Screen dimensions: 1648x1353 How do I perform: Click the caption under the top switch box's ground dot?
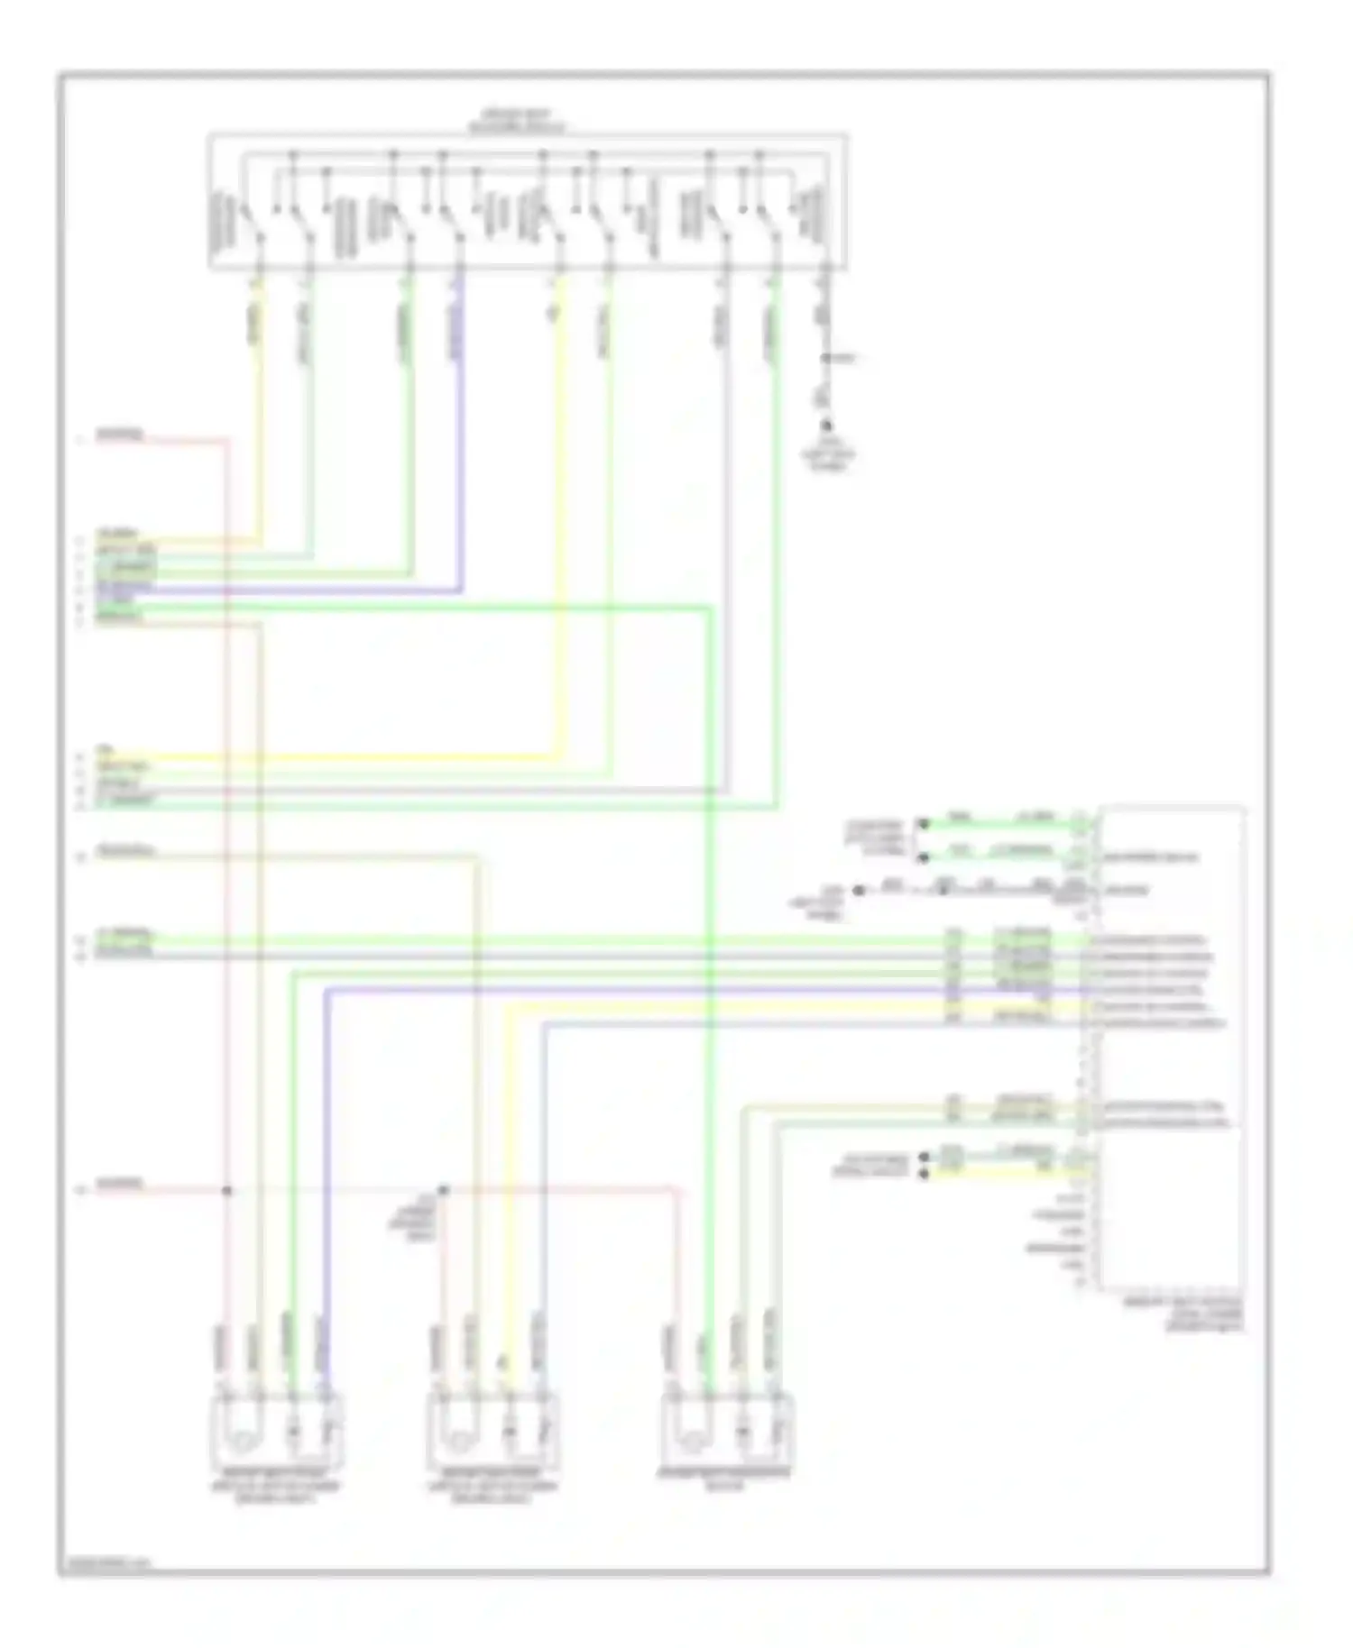click(x=827, y=456)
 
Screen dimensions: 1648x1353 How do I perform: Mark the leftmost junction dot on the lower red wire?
click(x=227, y=1191)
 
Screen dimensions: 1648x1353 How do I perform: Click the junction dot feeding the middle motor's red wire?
click(x=443, y=1191)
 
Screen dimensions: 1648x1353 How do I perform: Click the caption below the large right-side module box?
click(x=1182, y=1314)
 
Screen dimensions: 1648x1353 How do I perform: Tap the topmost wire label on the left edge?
click(x=120, y=436)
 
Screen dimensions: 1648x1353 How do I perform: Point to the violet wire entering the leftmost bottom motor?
click(x=325, y=1172)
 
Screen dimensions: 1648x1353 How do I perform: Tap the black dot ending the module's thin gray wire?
click(x=858, y=891)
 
